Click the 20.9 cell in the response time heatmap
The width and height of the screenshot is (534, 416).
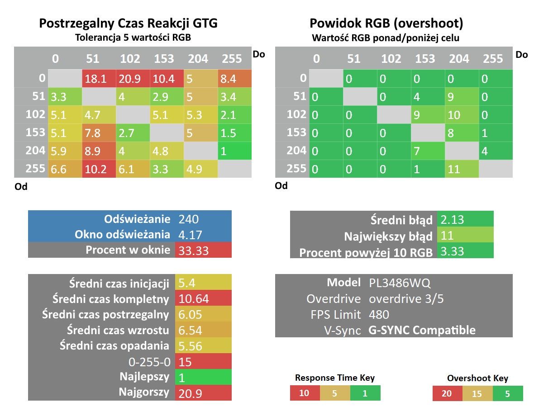133,79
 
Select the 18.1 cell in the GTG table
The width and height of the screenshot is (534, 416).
99,79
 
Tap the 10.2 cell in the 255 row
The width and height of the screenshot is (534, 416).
99,169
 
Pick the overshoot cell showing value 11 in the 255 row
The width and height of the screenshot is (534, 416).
462,169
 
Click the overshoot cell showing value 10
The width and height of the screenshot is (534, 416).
462,115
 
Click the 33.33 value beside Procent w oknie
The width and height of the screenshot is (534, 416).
203,250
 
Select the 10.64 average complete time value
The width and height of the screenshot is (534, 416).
203,298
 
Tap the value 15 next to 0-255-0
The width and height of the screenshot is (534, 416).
203,361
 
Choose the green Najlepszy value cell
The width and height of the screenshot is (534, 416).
203,377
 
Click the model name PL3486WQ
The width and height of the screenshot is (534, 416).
400,283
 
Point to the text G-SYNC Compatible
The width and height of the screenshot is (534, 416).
422,330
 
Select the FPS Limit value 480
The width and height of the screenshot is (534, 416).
379,315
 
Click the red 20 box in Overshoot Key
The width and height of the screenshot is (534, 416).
447,393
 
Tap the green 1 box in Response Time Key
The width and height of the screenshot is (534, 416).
365,393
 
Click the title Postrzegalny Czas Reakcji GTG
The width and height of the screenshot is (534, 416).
129,23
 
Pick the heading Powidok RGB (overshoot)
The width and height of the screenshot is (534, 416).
386,23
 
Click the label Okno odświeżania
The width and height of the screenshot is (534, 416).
122,234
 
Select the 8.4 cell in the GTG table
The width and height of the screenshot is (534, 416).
235,79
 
